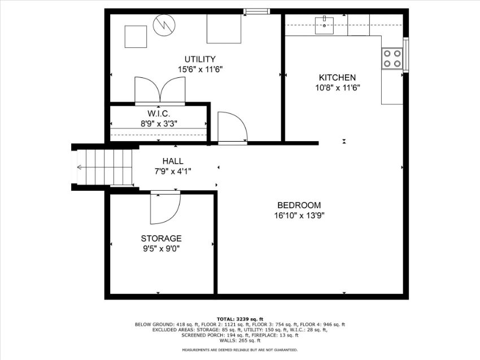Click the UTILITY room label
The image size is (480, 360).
(200, 59)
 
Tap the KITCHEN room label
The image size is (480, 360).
(337, 78)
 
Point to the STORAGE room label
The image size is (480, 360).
(162, 238)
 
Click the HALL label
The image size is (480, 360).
(173, 161)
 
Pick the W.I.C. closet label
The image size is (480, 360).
(159, 114)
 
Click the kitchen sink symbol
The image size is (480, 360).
(325, 25)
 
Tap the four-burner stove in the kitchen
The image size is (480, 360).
(392, 59)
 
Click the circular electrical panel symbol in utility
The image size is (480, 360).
(164, 25)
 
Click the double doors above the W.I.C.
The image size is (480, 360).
(160, 90)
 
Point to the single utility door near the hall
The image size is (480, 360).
(233, 127)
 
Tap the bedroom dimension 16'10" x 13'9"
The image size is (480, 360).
(299, 216)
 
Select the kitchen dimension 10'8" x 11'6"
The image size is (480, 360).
(338, 88)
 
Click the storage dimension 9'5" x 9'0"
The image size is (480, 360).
(162, 249)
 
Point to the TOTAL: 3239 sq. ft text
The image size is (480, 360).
(240, 319)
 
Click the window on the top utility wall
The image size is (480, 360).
(257, 12)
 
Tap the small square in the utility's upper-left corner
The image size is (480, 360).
(136, 37)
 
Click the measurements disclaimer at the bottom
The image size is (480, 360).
(239, 350)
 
